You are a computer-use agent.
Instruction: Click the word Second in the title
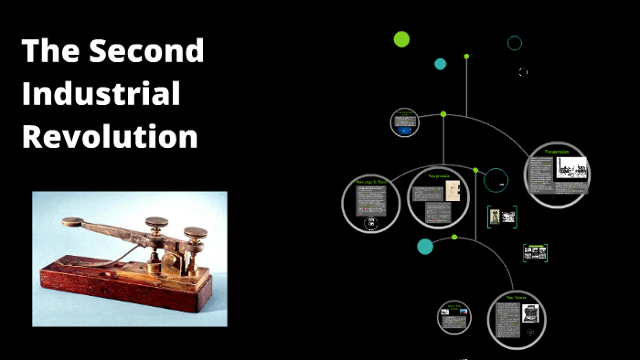click(147, 52)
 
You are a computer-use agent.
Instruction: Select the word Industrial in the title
click(101, 94)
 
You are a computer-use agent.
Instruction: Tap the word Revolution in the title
click(110, 136)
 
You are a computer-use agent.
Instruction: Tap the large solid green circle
click(401, 38)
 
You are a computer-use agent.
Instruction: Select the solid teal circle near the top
click(440, 64)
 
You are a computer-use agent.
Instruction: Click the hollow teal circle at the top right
click(515, 43)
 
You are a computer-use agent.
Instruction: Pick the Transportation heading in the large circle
click(557, 151)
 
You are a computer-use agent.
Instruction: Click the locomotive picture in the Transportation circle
click(572, 169)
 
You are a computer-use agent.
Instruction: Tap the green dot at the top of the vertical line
click(466, 57)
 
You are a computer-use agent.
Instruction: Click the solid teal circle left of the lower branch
click(425, 246)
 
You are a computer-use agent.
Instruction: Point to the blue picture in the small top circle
click(404, 130)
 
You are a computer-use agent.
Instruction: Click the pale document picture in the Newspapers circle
click(452, 191)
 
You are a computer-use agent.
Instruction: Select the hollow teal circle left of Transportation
click(496, 180)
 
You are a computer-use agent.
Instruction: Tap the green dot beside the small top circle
click(443, 114)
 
